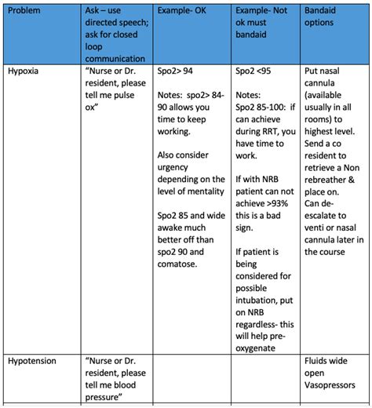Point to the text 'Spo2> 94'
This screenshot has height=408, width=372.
[174, 71]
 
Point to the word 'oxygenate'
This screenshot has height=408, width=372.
[261, 346]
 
